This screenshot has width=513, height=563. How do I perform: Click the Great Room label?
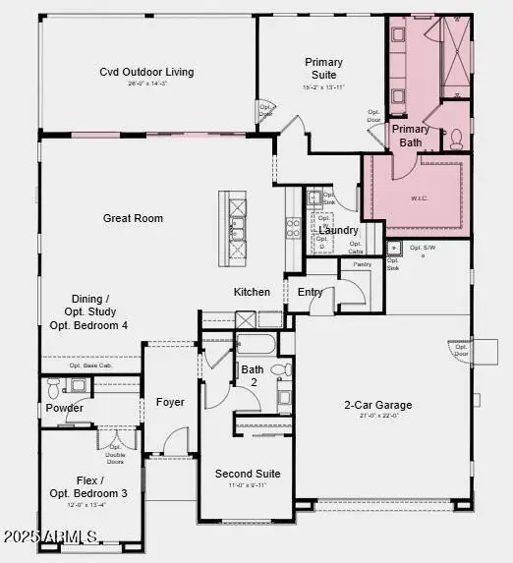[133, 218]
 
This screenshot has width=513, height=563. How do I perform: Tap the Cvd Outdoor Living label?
[146, 72]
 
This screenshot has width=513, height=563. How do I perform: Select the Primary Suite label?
[323, 68]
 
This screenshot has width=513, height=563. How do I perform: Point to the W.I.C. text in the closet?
[420, 197]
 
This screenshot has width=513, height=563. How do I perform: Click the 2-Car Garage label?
[377, 405]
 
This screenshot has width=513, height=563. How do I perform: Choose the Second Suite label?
[248, 474]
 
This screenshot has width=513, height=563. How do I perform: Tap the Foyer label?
[170, 402]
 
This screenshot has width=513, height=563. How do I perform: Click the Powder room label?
[65, 408]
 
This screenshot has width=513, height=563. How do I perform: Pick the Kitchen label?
[252, 292]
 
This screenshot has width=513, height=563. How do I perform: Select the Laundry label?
[338, 230]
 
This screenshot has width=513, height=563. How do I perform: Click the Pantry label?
[362, 264]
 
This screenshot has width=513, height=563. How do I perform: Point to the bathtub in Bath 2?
[256, 345]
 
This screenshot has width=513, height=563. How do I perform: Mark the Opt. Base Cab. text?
[87, 366]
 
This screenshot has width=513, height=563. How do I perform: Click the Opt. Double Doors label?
[115, 453]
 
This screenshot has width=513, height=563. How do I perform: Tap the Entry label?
[311, 292]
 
